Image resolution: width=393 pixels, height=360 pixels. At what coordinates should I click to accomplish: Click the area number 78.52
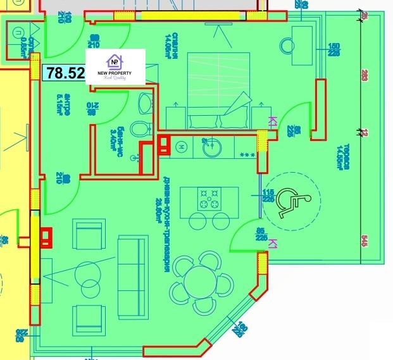[x=64, y=73]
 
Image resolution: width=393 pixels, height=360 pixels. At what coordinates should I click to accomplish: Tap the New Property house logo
[x=115, y=61]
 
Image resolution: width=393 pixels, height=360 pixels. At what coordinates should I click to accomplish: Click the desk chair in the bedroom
[x=289, y=46]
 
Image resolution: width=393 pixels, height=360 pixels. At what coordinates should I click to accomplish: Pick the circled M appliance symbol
[x=181, y=147]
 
